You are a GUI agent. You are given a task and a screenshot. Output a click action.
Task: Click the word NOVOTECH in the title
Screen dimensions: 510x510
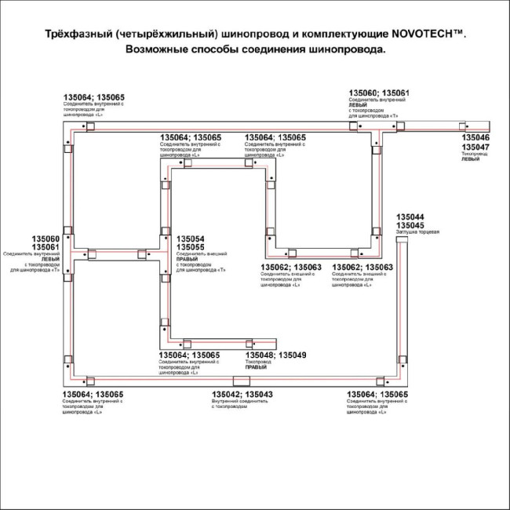pos(424,35)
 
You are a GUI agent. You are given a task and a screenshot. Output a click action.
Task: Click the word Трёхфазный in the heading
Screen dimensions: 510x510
pos(66,35)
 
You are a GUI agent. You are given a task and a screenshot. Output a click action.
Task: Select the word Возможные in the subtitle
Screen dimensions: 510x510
pos(160,49)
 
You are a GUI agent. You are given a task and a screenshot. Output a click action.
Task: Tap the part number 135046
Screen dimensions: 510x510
pos(475,137)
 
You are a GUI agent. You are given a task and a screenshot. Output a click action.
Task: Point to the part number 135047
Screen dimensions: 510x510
pos(475,147)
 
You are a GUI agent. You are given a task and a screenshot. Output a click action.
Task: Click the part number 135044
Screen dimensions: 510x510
pos(410,217)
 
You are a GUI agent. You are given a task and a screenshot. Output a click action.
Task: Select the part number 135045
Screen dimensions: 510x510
pos(410,225)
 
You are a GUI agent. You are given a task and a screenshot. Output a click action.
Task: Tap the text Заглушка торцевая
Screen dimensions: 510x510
pos(417,233)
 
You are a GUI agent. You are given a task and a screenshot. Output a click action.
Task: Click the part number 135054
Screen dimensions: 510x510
pos(191,239)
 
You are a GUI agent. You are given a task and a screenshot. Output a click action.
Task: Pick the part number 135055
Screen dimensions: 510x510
pos(191,247)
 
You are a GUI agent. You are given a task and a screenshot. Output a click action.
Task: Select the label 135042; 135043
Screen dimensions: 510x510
pos(242,395)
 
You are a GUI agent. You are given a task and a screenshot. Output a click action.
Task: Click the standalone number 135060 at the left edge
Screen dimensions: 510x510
pos(46,239)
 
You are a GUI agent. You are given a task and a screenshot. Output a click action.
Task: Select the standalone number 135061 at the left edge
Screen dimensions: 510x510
pos(46,247)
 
